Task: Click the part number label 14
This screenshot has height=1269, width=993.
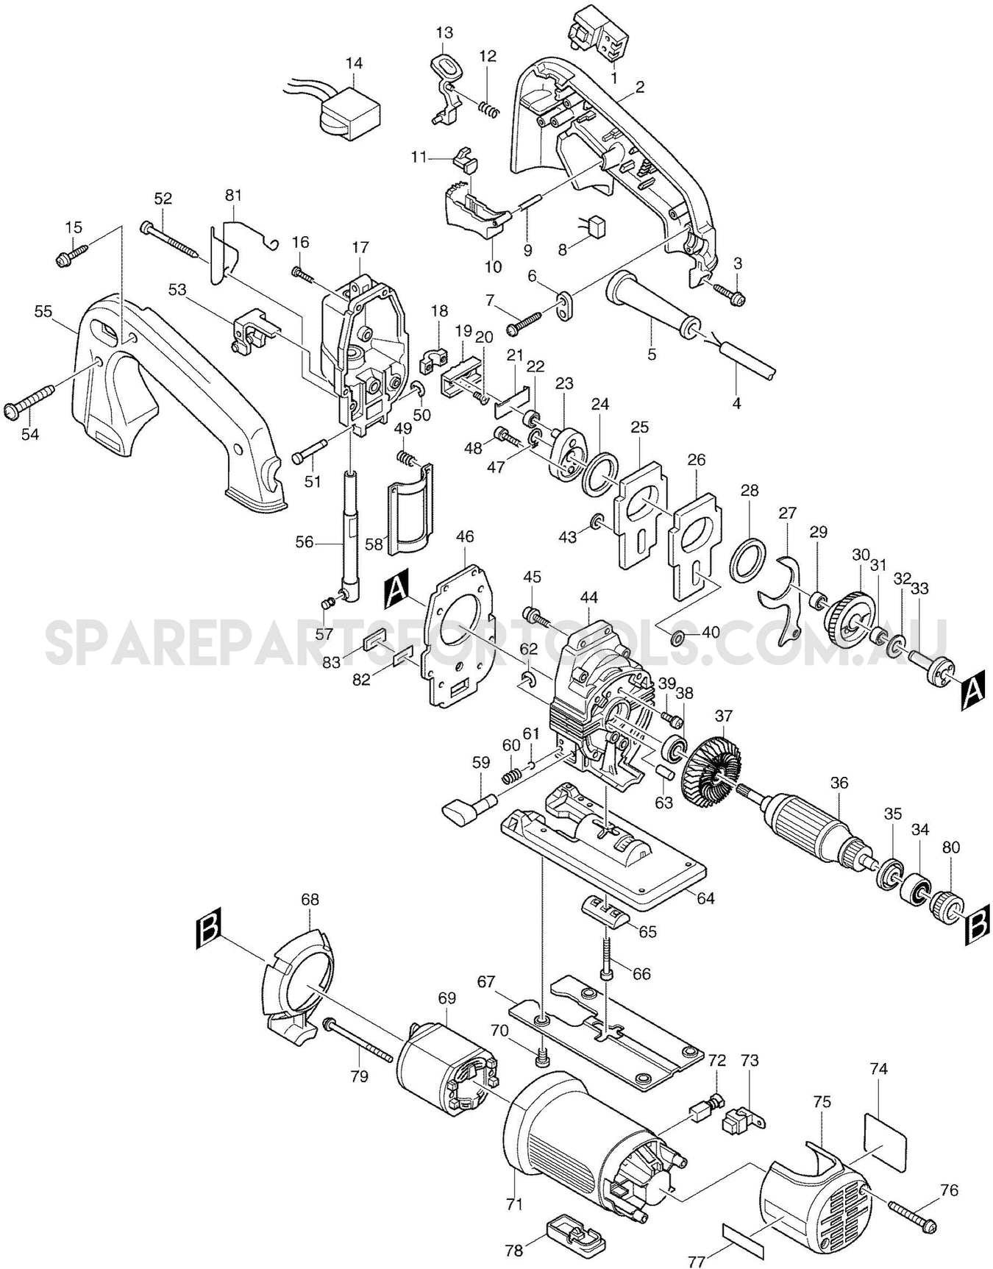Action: click(x=354, y=63)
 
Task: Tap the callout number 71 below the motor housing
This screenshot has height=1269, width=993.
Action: click(x=514, y=1204)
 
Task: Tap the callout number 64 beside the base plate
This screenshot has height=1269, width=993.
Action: click(x=705, y=898)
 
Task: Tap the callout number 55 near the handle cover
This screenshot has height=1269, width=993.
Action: click(x=43, y=312)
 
